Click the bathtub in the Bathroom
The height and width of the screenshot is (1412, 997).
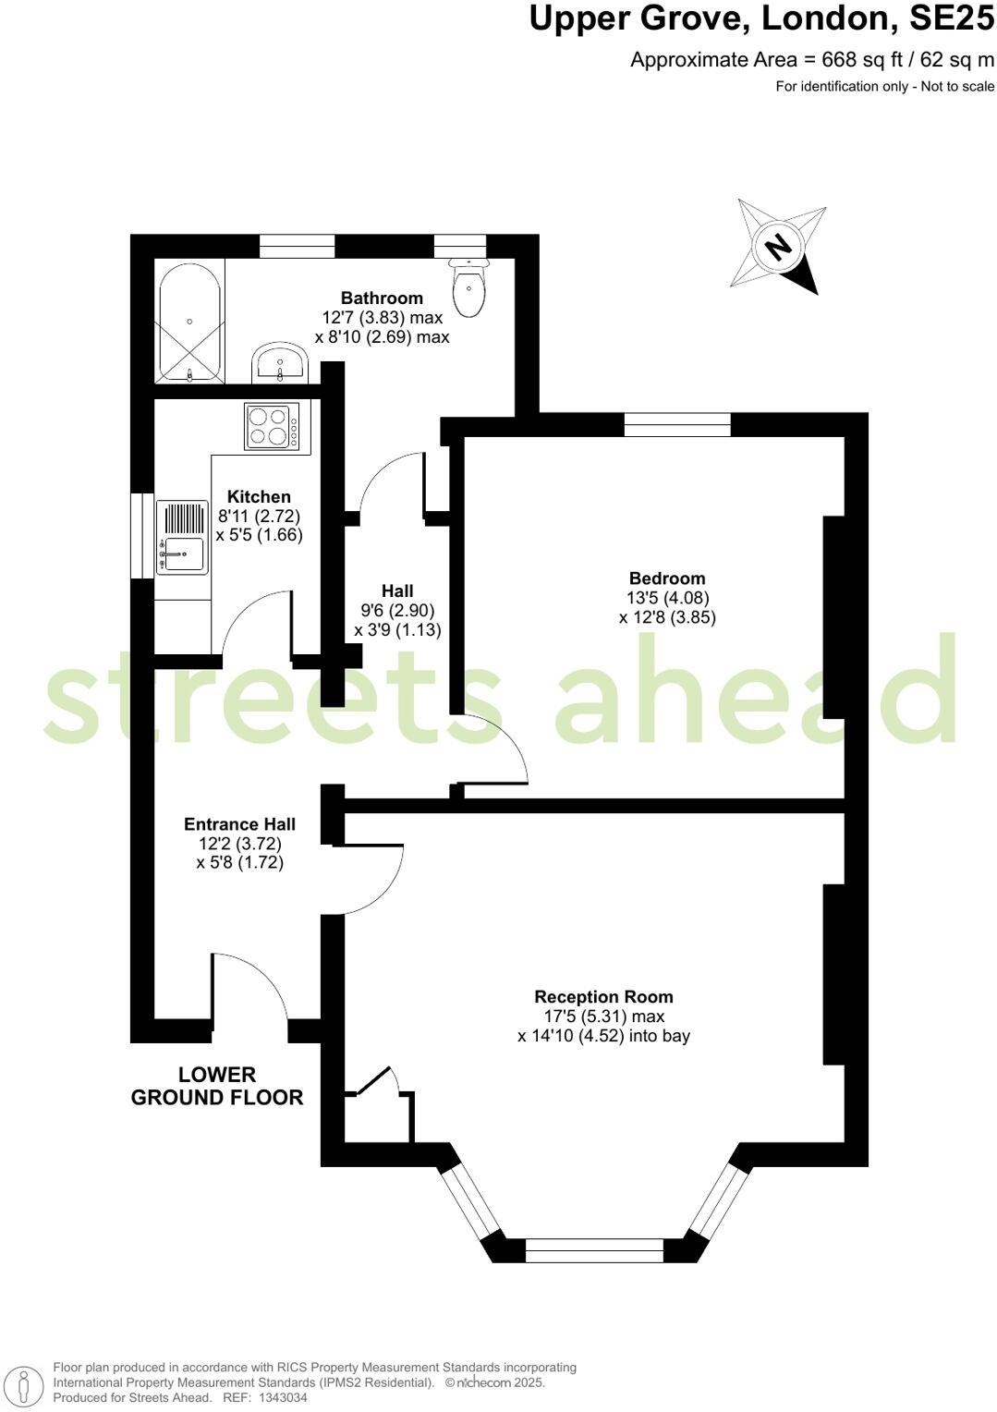pyautogui.click(x=189, y=323)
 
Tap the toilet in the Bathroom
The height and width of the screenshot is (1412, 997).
pyautogui.click(x=469, y=287)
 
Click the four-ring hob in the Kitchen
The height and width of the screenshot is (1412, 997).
pyautogui.click(x=272, y=427)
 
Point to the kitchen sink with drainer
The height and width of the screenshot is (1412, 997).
pyautogui.click(x=182, y=538)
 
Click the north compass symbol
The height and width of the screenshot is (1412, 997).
pyautogui.click(x=779, y=247)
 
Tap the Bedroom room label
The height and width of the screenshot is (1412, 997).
pyautogui.click(x=667, y=578)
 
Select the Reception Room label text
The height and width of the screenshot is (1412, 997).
pyautogui.click(x=603, y=996)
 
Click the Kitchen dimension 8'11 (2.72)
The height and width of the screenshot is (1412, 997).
pyautogui.click(x=259, y=516)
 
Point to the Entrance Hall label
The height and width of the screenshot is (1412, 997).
pyautogui.click(x=239, y=823)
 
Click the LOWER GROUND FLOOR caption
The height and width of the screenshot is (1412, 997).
pyautogui.click(x=217, y=1086)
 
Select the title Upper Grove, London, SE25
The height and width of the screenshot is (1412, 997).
pyautogui.click(x=761, y=18)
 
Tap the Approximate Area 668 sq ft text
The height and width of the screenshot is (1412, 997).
pyautogui.click(x=812, y=60)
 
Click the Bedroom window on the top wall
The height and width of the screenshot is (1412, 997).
pyautogui.click(x=677, y=424)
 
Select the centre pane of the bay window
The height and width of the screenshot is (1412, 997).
pyautogui.click(x=594, y=1251)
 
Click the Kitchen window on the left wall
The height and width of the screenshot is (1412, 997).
pyautogui.click(x=142, y=536)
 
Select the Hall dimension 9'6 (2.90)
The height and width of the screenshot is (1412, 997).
pyautogui.click(x=397, y=610)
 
